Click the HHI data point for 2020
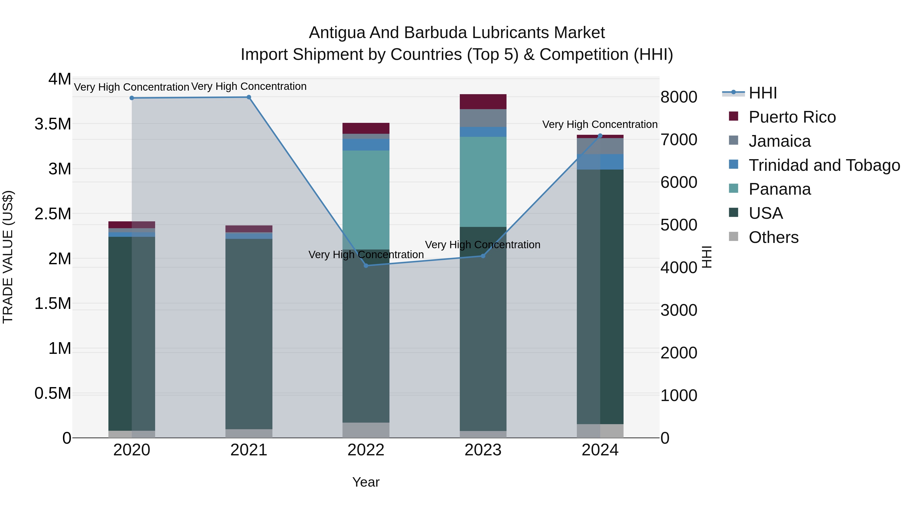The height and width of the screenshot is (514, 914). coord(132,98)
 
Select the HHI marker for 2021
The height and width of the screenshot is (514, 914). coord(249,97)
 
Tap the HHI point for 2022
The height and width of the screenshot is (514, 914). coord(366,266)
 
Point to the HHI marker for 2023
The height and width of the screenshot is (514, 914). coord(483,256)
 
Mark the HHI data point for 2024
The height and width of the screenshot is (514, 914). coord(600,136)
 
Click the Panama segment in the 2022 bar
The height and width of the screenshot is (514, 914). coord(366,200)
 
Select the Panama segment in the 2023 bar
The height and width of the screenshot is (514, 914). coord(483,182)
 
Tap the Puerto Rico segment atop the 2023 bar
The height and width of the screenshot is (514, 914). coord(483,102)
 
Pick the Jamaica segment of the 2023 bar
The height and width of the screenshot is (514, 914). coord(483,118)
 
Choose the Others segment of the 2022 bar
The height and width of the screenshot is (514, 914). coord(366,430)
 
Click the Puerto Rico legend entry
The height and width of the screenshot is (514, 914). coord(792,117)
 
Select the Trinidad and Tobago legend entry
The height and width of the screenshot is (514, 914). coord(824,165)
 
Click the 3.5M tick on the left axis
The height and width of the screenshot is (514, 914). coord(53,124)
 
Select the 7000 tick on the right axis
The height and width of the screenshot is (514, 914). coord(678,140)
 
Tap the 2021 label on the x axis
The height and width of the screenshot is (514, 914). coord(249,450)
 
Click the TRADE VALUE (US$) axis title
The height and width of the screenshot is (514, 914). coord(8,257)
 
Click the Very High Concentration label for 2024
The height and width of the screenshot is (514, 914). coord(600,125)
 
